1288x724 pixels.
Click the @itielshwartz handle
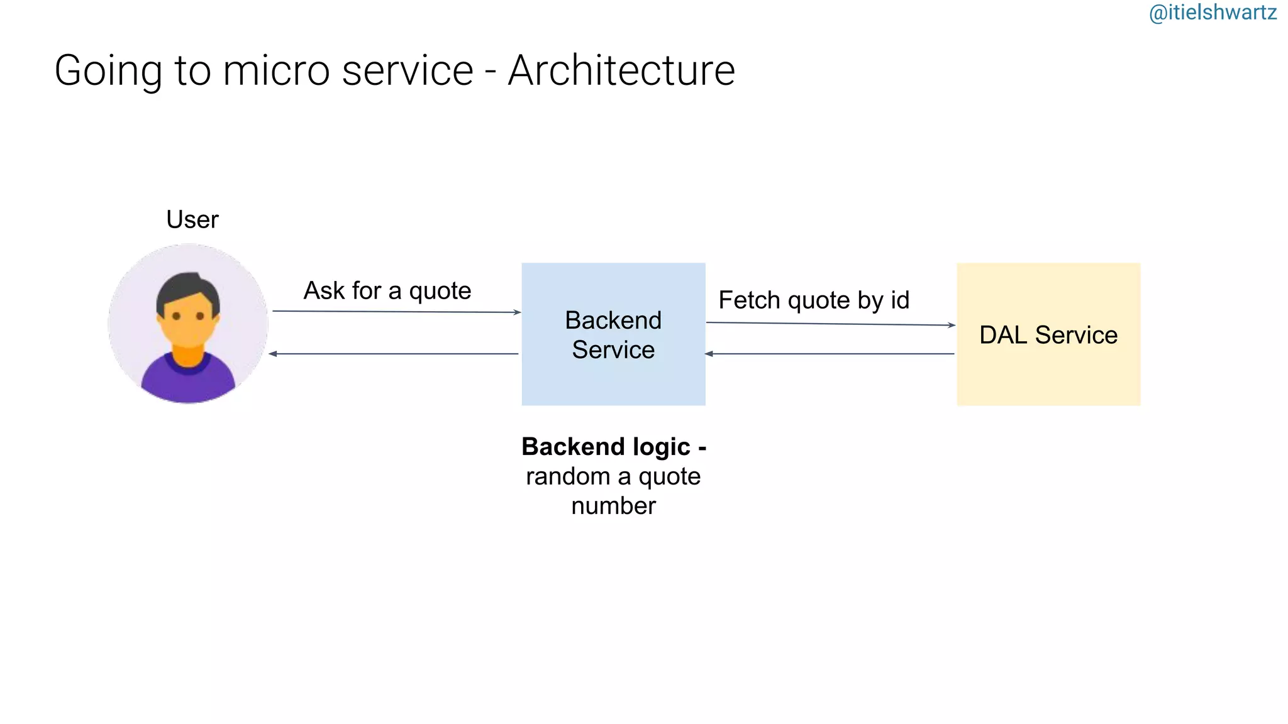tap(1212, 13)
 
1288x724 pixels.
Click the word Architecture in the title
tap(621, 70)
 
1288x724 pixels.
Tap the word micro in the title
tap(276, 70)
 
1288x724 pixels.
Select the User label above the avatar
tap(192, 219)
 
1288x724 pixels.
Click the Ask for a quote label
tap(387, 290)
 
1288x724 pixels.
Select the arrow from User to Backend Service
tap(396, 312)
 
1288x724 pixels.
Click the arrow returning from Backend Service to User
tap(394, 354)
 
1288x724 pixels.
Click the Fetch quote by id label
tap(814, 300)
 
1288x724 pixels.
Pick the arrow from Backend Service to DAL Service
tap(830, 324)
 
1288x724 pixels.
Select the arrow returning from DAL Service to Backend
tap(830, 354)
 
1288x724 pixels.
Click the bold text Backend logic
tap(606, 447)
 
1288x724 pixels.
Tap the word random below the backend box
tap(567, 476)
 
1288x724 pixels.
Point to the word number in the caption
tap(613, 506)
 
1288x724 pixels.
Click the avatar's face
tap(188, 321)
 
